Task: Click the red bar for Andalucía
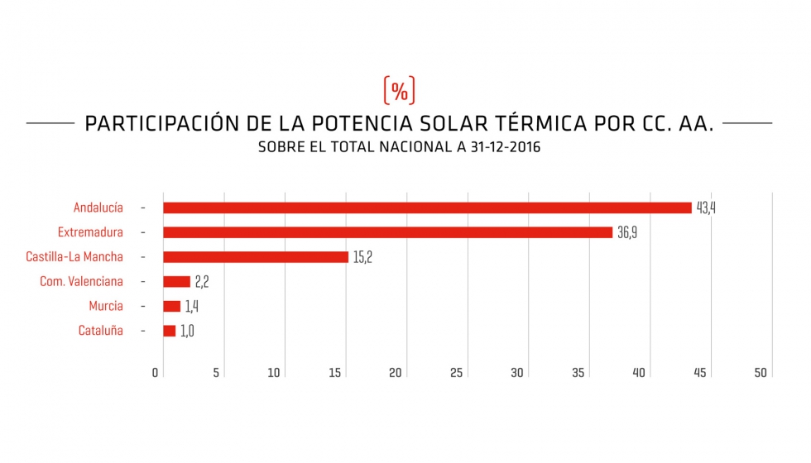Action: (x=426, y=208)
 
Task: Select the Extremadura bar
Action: (x=387, y=232)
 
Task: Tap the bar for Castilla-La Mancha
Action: (x=255, y=257)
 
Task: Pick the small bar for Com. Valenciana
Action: (x=176, y=282)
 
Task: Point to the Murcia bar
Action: (x=171, y=307)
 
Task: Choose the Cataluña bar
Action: (x=169, y=331)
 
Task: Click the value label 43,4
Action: (x=706, y=208)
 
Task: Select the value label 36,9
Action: (x=627, y=232)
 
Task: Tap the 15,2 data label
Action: (x=363, y=257)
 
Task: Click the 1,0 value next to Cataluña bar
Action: (x=187, y=331)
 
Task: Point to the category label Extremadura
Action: (x=90, y=232)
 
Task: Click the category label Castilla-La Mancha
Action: (x=74, y=257)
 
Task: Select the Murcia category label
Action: (x=106, y=307)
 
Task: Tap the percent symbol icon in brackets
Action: (x=399, y=90)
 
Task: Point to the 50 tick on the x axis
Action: (x=761, y=373)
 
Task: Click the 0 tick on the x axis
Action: (x=156, y=373)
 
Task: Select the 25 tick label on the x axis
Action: (x=456, y=373)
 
